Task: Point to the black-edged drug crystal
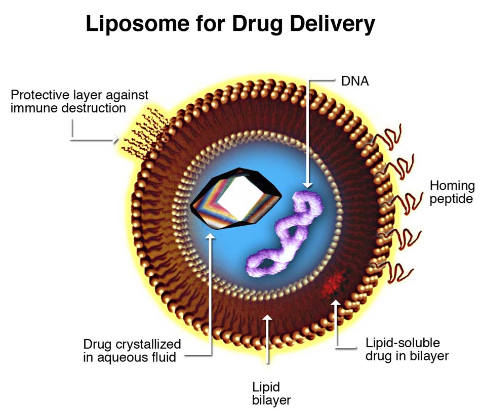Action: [235, 197]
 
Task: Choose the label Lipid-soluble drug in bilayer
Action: [407, 349]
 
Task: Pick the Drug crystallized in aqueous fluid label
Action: [132, 351]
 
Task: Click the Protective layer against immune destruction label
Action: [79, 101]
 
